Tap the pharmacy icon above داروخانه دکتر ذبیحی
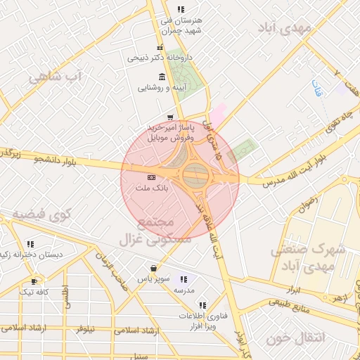(160, 48)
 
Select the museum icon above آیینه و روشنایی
(162, 77)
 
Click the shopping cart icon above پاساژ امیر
(169, 117)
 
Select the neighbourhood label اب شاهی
(55, 76)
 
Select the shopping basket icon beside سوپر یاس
(153, 268)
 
